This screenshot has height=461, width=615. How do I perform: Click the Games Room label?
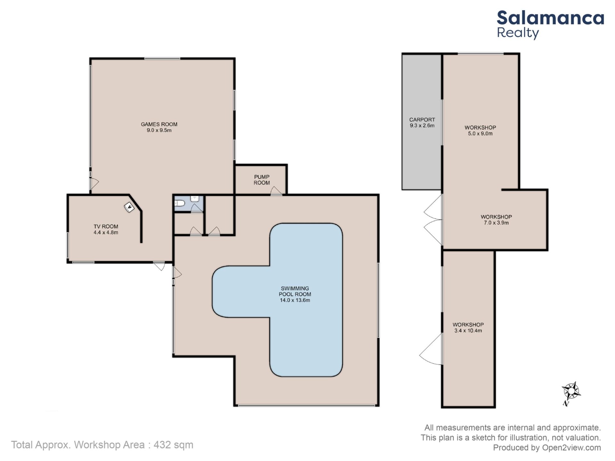(x=159, y=124)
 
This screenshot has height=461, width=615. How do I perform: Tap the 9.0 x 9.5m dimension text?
(x=159, y=130)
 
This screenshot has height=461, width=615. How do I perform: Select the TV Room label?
(x=106, y=226)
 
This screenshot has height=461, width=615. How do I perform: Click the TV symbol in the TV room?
(x=129, y=208)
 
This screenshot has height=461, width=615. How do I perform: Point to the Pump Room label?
(x=262, y=180)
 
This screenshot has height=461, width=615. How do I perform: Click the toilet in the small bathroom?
(x=179, y=203)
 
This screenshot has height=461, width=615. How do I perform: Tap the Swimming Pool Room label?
(x=295, y=291)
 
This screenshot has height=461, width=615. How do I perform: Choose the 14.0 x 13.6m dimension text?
(x=295, y=300)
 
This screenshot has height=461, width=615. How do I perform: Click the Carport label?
(x=422, y=120)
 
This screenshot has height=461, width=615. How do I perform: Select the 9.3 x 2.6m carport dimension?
(x=422, y=126)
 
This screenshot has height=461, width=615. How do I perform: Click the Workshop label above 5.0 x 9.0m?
(x=480, y=127)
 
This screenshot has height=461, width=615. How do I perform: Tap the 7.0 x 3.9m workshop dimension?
(x=496, y=223)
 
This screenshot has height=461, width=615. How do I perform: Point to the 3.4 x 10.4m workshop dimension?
(x=468, y=331)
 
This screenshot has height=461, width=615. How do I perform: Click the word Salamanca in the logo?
(x=550, y=18)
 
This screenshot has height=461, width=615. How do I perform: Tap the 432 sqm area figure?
(x=173, y=445)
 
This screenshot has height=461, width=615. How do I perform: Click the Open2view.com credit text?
(x=571, y=448)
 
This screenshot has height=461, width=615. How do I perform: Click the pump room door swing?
(x=276, y=191)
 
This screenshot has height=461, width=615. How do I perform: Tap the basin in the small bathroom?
(x=194, y=198)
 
